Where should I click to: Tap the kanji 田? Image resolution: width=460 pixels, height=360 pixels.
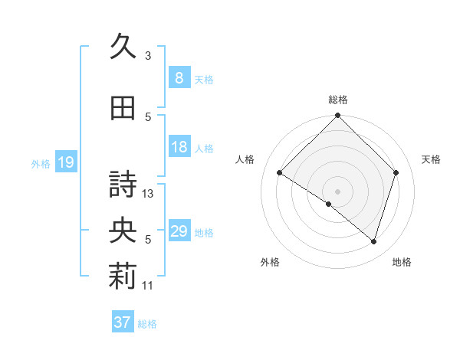(122, 108)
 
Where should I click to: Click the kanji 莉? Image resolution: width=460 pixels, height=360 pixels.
(122, 278)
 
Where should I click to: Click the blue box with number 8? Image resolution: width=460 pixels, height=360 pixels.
(179, 78)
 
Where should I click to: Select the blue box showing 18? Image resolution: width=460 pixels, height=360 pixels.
(179, 147)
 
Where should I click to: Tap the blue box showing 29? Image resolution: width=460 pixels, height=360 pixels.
(179, 232)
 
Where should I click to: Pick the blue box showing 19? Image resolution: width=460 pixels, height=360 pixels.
(65, 162)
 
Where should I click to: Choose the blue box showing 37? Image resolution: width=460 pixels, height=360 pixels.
(122, 322)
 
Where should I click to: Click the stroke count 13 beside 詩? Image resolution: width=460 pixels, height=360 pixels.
(149, 194)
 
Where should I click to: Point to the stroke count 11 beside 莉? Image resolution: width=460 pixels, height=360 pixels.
(148, 286)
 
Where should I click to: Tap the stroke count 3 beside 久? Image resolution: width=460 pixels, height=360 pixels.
(148, 55)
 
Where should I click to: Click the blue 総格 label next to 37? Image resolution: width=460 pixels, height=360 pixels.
(147, 324)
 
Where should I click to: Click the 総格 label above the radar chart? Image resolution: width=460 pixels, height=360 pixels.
(338, 100)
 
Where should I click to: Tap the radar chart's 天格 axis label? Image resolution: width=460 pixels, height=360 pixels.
(432, 159)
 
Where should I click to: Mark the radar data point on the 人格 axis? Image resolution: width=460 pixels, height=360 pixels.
(280, 172)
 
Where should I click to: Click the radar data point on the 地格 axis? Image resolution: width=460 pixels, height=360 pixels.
(373, 241)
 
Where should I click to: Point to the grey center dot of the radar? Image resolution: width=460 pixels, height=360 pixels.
(337, 191)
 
